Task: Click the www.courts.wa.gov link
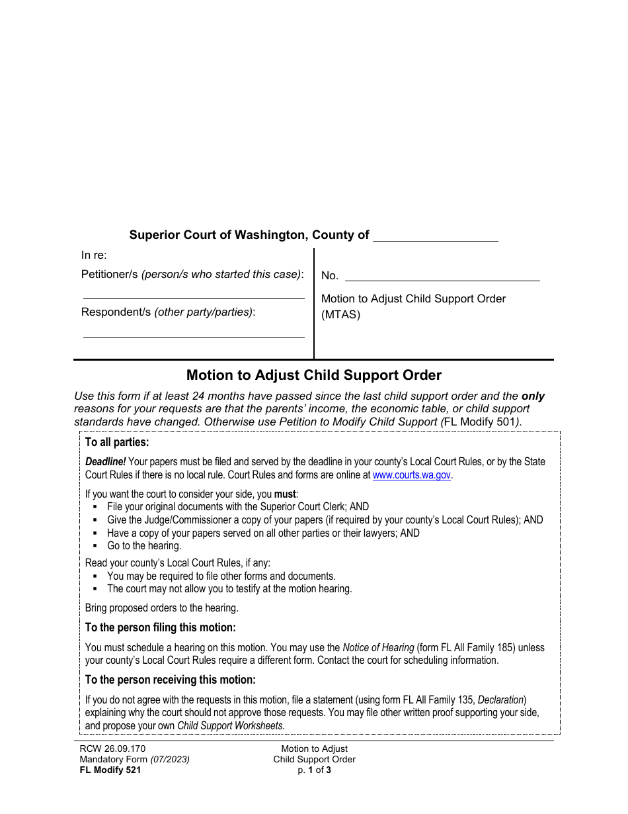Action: (412, 475)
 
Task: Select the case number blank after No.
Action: (442, 276)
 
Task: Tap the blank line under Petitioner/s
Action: (193, 293)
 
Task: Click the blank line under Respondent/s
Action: (193, 332)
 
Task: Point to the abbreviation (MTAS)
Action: (340, 315)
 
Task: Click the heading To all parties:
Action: (117, 442)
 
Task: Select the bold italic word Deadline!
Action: (105, 462)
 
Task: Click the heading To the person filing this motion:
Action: (160, 627)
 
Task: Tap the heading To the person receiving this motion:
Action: (170, 680)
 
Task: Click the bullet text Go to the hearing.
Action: (144, 546)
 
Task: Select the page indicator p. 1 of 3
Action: (314, 770)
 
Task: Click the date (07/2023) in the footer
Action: (170, 759)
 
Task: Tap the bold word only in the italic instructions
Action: (533, 396)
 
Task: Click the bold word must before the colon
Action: (285, 494)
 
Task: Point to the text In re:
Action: (94, 255)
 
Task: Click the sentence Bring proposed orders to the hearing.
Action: (161, 608)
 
